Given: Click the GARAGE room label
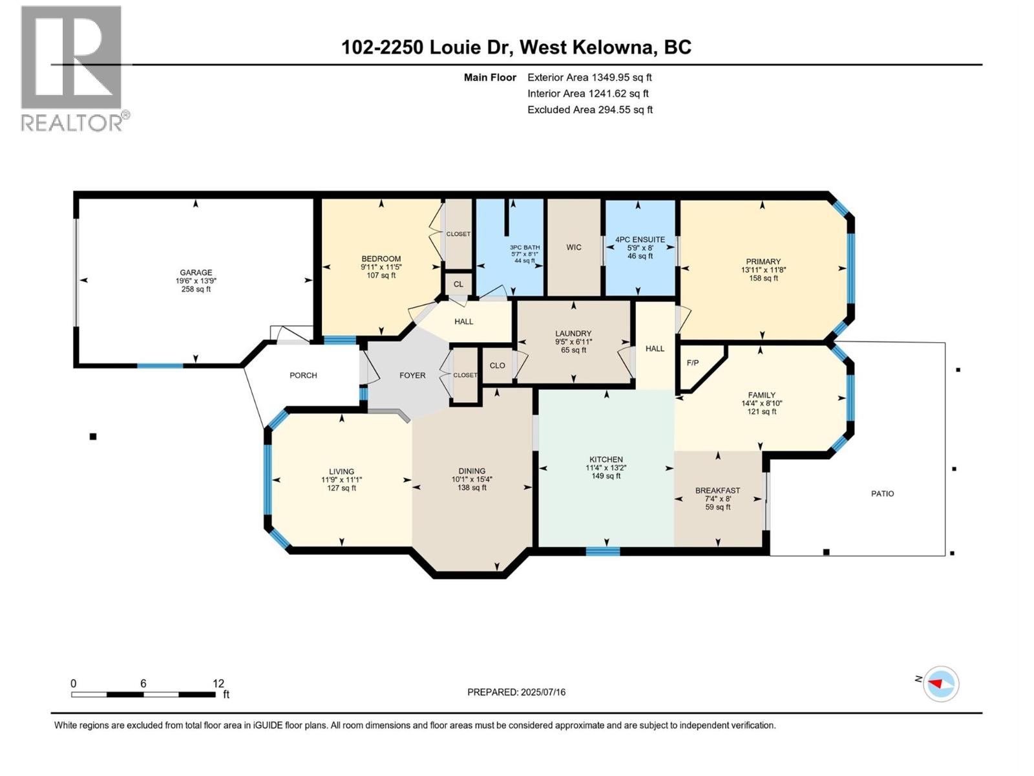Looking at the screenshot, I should coord(196,273).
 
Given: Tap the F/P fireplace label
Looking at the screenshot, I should coord(692,363).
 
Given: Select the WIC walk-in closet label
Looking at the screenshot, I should coord(574,247).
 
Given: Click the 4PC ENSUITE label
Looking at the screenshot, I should coord(640,239).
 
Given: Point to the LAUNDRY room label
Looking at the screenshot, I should coord(573,334).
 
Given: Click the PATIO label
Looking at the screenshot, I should coord(882,493).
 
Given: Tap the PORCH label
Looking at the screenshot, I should coord(303,375).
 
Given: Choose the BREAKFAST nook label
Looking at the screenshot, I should coord(717,491).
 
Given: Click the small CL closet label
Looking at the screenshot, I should coord(458,284).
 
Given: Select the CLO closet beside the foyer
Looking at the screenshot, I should coord(497,365).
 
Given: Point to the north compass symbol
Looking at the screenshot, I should coord(940,684).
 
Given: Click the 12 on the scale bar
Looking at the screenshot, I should coord(218,684).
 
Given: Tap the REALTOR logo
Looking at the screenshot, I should coord(72,68).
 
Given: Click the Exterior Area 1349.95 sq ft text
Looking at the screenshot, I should coord(589,78).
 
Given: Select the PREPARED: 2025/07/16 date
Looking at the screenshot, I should coord(516,692).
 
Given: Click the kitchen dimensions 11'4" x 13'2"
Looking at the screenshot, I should coord(606,468).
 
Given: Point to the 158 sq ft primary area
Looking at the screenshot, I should coord(763,279).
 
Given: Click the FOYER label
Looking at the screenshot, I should coord(412,375).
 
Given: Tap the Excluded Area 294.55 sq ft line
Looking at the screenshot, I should coord(589,110).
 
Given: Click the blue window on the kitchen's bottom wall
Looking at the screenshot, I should coord(602,552).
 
